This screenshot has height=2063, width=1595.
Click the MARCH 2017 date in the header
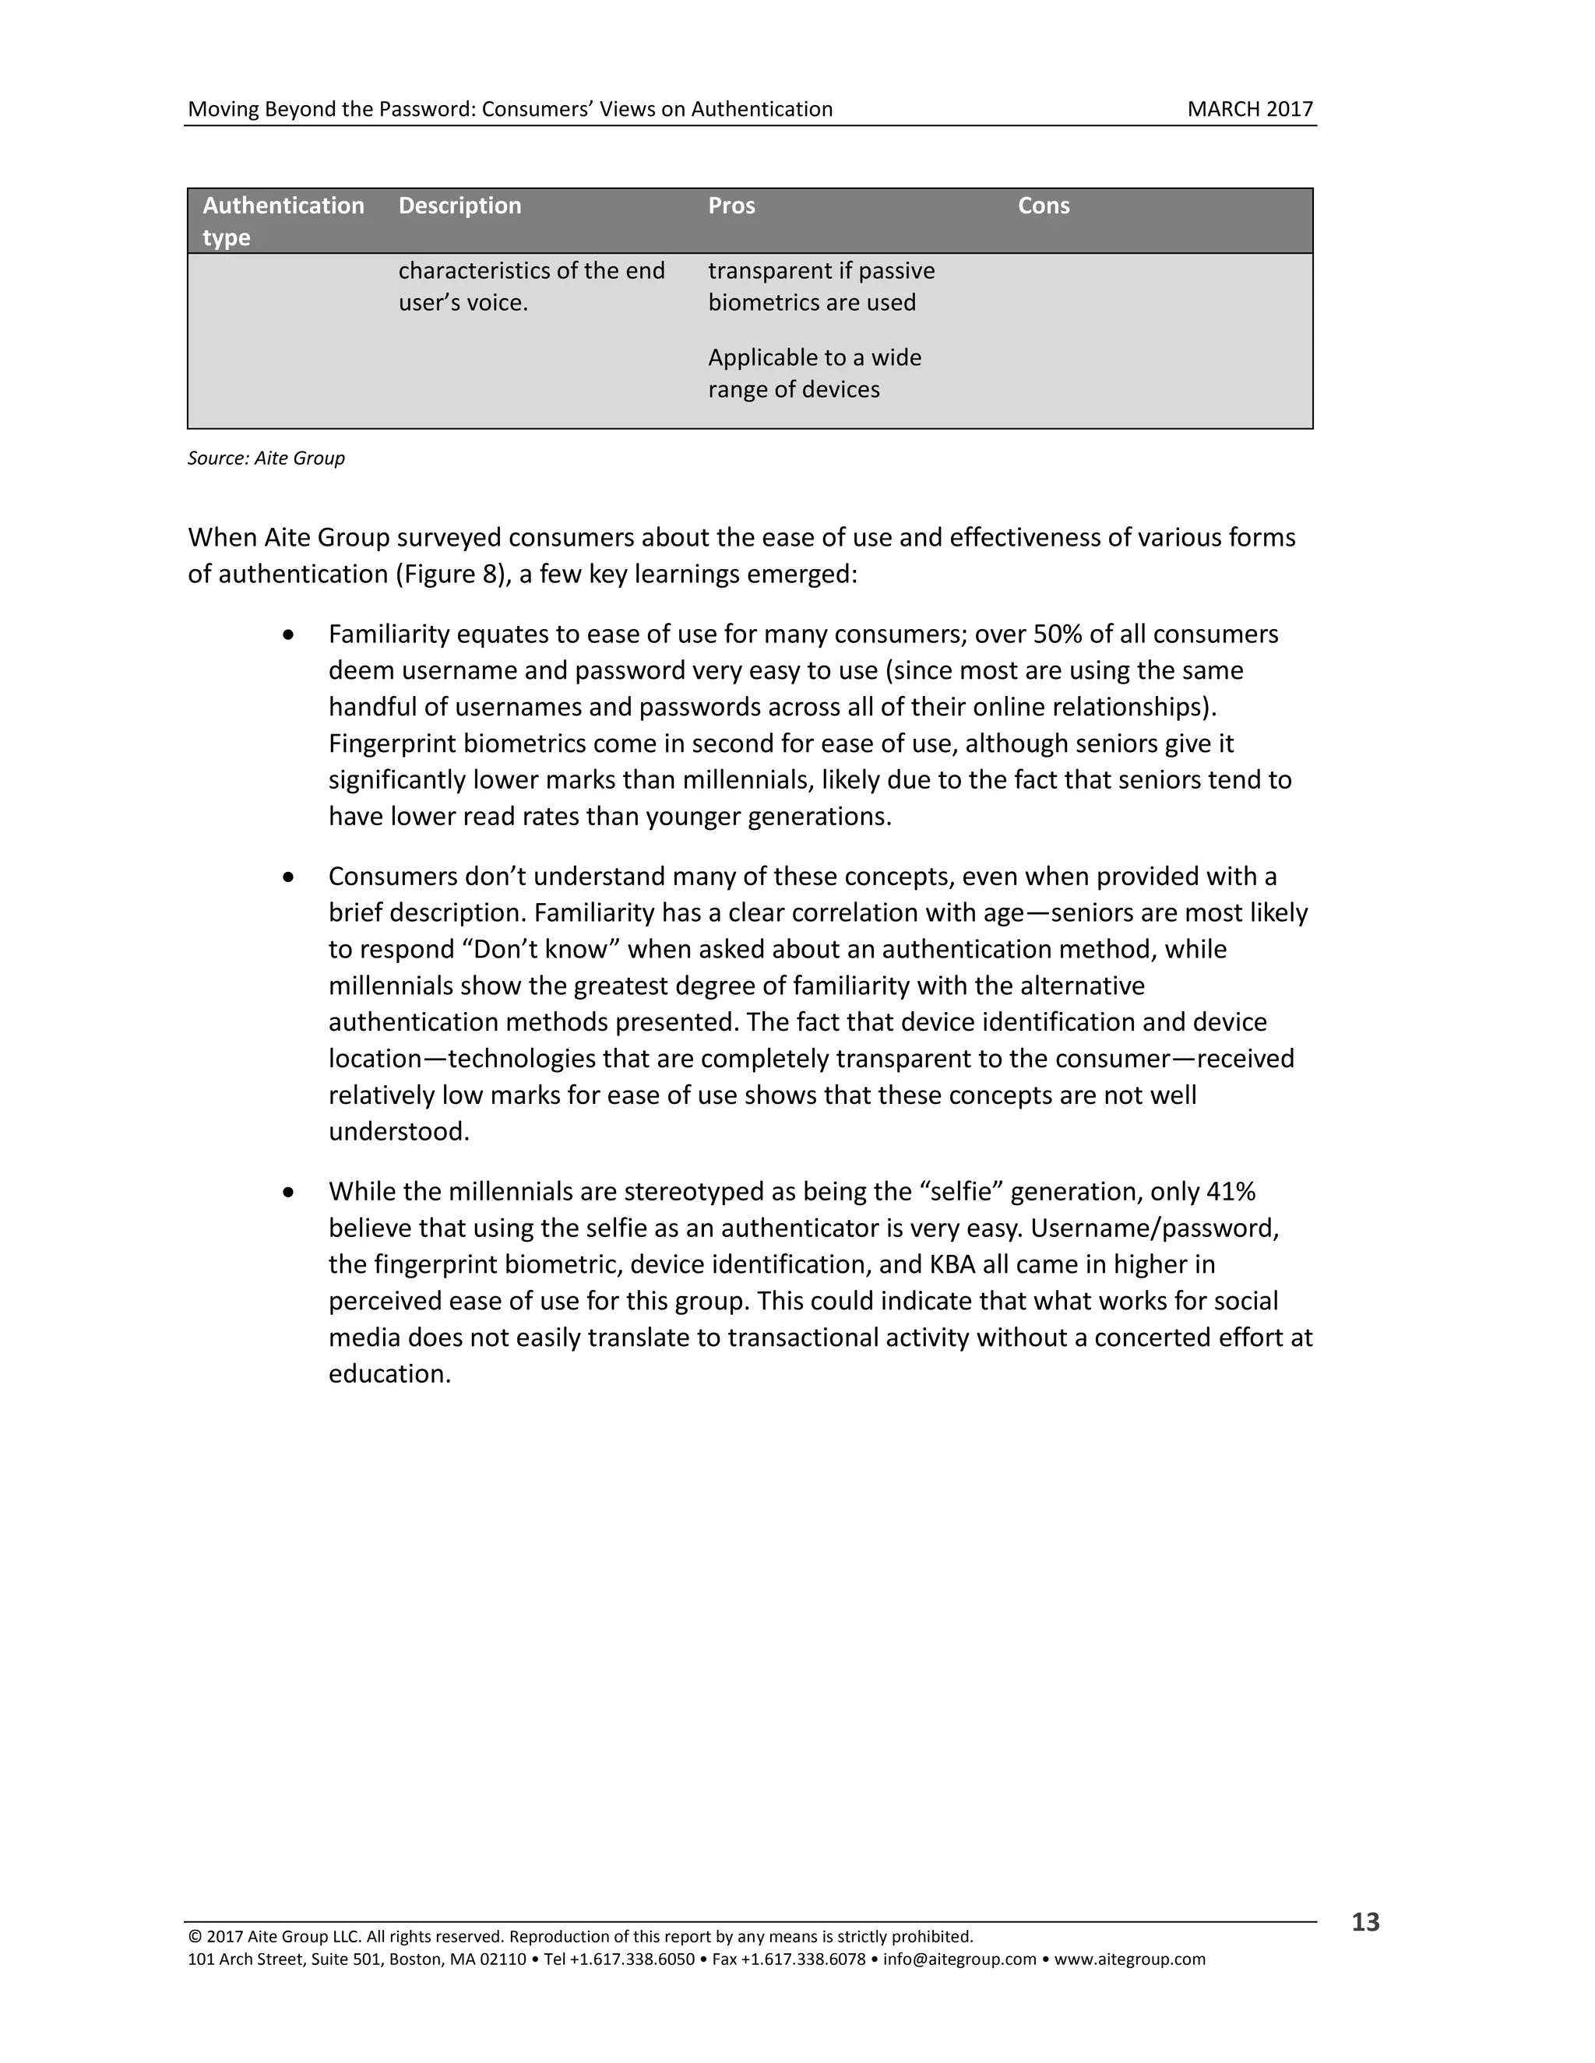pos(1249,110)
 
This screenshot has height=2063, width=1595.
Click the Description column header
pos(459,206)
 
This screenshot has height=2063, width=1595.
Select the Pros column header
pos(731,206)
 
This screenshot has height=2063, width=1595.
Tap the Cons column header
pos(1043,206)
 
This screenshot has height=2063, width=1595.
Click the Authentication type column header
pos(283,221)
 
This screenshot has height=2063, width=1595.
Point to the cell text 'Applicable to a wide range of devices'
pos(814,373)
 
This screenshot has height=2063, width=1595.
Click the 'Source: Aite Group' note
pos(266,458)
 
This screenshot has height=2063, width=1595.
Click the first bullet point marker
pos(288,634)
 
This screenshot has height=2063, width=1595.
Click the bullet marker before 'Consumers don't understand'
pos(288,877)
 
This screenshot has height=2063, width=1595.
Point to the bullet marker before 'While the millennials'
pos(288,1192)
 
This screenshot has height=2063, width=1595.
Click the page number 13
pos(1364,1921)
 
